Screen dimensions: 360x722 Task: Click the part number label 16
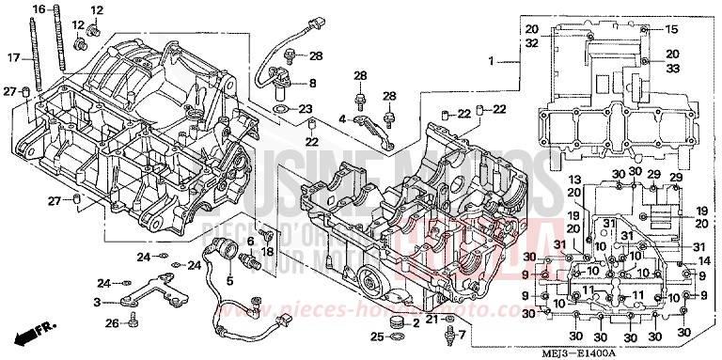[x=38, y=8]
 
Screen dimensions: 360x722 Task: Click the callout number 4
[x=343, y=118]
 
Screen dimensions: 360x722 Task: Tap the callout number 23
[x=306, y=110]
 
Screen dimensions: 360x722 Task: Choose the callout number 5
[x=230, y=280]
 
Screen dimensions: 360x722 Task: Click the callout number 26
[x=112, y=323]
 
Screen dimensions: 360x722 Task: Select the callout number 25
[x=376, y=336]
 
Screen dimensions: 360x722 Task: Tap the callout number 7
[x=462, y=335]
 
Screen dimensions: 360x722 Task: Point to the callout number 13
[x=575, y=180]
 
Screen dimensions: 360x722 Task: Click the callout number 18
[x=267, y=252]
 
